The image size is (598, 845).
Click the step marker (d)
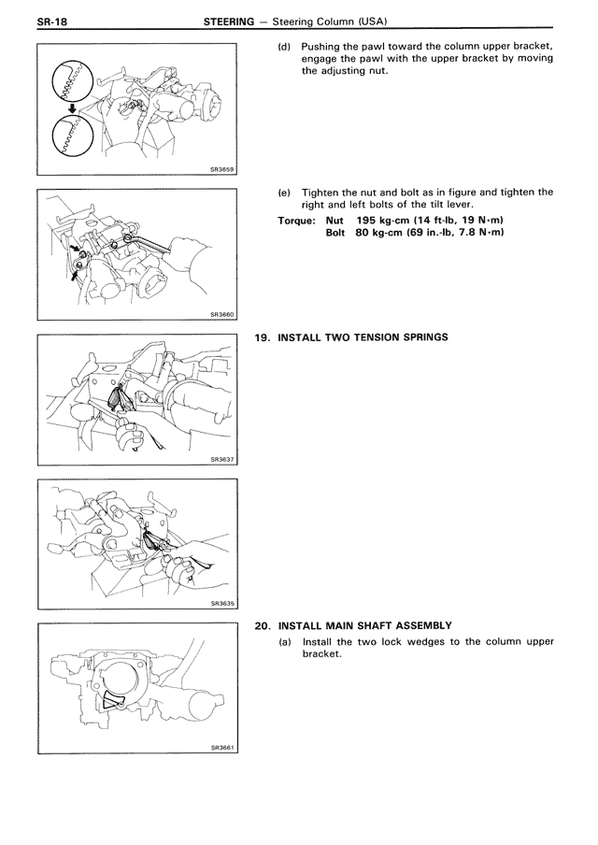285,46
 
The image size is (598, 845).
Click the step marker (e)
285,192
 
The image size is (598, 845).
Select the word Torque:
299,221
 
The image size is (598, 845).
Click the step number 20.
263,625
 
